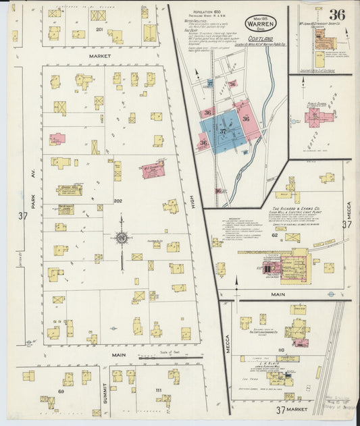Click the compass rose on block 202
coord(122,238)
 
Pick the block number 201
coord(99,30)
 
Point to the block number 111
coord(157,391)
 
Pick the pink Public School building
coord(319,116)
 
